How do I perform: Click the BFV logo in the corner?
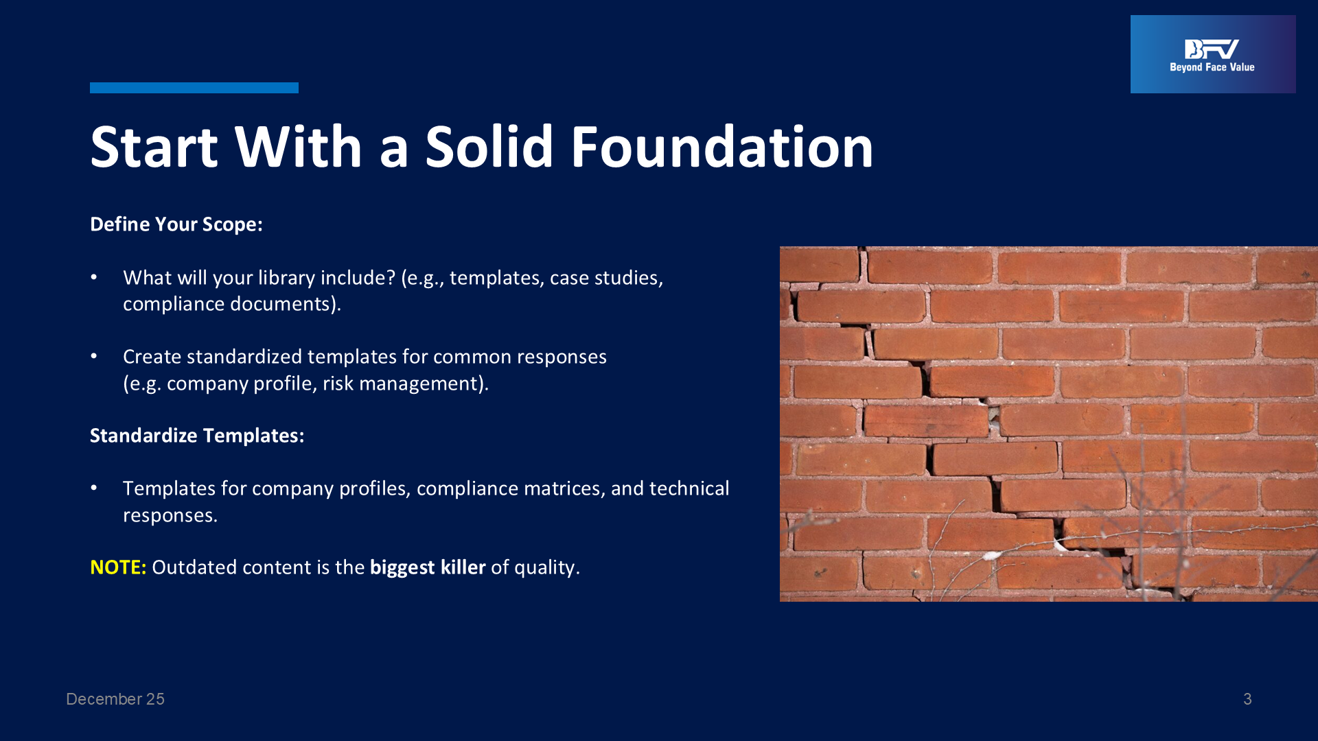tap(1213, 54)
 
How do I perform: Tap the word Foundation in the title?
tap(722, 147)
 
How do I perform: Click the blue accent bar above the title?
tap(194, 88)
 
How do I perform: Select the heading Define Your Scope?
tap(176, 224)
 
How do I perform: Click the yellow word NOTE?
tap(118, 567)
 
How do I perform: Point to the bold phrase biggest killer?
tap(428, 567)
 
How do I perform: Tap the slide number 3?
tap(1247, 699)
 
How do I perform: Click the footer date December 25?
tap(115, 699)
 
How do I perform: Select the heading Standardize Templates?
tap(197, 436)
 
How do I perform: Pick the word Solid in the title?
tap(489, 147)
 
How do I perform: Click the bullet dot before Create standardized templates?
tap(94, 356)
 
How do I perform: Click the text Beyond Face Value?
tap(1212, 67)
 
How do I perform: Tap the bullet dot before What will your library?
tap(94, 277)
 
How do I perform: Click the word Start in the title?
tap(154, 147)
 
